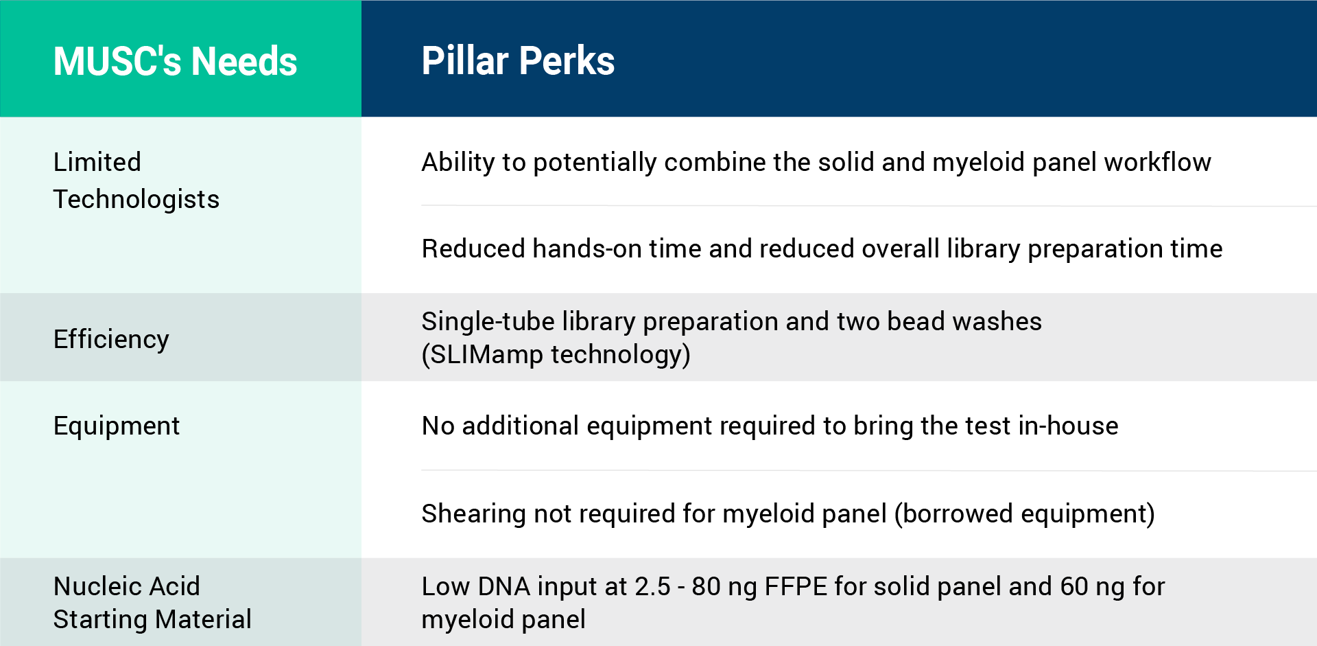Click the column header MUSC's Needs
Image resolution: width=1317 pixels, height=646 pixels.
tap(175, 61)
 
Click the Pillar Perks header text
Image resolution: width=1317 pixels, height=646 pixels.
tap(518, 60)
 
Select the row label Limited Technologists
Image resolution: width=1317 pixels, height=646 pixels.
tap(136, 181)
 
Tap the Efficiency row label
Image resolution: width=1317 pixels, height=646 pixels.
tap(111, 339)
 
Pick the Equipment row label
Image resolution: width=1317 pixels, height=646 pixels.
tap(117, 426)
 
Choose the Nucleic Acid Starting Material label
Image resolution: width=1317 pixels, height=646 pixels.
tap(152, 603)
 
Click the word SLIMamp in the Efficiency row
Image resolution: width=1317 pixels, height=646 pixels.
tap(486, 354)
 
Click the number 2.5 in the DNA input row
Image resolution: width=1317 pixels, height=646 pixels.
tap(652, 586)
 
